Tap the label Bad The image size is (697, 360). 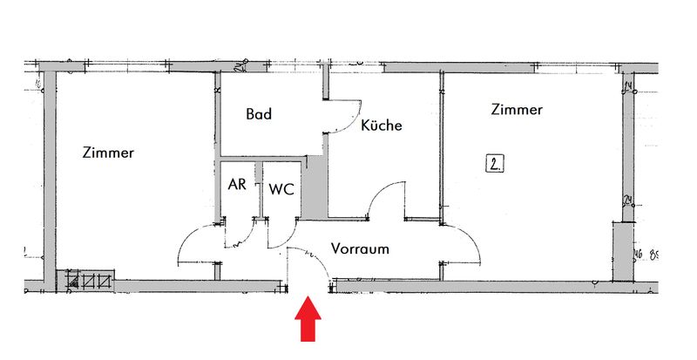click(x=259, y=114)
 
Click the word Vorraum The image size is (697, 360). click(x=360, y=248)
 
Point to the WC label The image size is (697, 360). click(x=281, y=188)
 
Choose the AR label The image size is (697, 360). click(x=236, y=185)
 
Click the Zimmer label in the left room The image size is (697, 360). click(x=108, y=153)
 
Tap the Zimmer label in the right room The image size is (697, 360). click(x=517, y=111)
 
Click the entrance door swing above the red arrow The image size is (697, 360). click(x=309, y=262)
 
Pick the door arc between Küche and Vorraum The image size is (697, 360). click(x=387, y=199)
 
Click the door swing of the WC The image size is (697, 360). click(x=281, y=231)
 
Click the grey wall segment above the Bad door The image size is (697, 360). click(x=328, y=80)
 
